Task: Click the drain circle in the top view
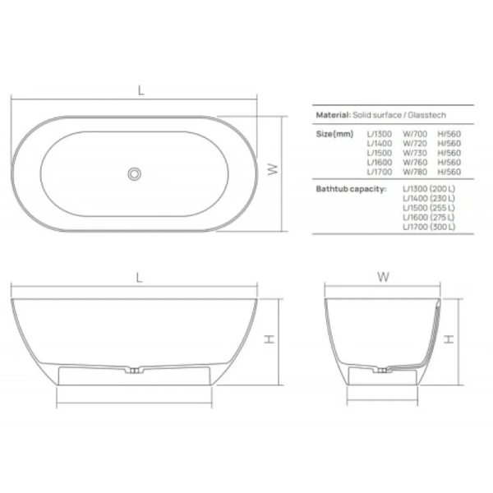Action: (x=135, y=173)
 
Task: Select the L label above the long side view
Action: (x=139, y=278)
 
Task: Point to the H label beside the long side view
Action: (x=270, y=341)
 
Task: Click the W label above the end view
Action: (x=383, y=278)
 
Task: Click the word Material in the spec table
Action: (x=334, y=117)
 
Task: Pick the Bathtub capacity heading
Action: (x=352, y=188)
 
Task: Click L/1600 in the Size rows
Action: (x=379, y=163)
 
